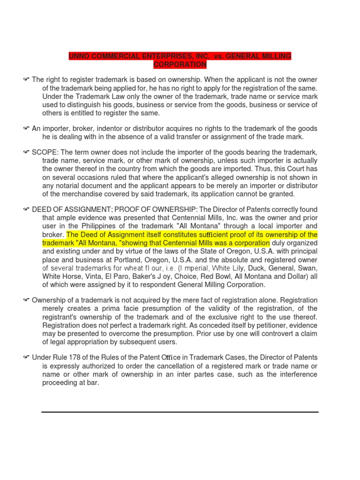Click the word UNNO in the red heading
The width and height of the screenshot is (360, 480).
click(80, 56)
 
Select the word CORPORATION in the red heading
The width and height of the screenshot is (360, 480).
click(180, 64)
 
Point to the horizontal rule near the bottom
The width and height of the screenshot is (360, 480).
click(180, 412)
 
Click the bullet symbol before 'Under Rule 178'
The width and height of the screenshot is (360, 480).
click(26, 357)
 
